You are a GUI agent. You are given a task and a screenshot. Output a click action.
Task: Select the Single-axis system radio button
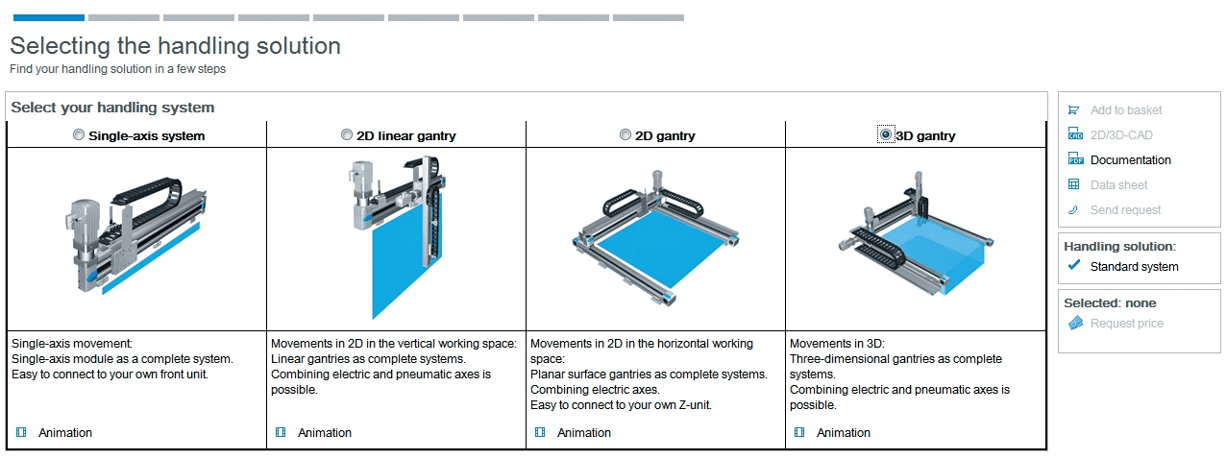pyautogui.click(x=79, y=134)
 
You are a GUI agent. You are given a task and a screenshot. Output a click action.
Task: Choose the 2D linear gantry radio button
pyautogui.click(x=347, y=134)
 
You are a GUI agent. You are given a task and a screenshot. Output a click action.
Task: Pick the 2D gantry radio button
pyautogui.click(x=625, y=134)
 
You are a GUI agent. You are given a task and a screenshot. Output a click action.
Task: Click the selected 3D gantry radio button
pyautogui.click(x=885, y=134)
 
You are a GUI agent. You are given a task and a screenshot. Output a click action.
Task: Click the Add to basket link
pyautogui.click(x=1125, y=110)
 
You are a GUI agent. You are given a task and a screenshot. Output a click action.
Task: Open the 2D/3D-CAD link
pyautogui.click(x=1121, y=135)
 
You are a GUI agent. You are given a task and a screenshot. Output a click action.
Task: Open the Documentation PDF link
pyautogui.click(x=1130, y=160)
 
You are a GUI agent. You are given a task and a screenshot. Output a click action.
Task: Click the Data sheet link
pyautogui.click(x=1118, y=185)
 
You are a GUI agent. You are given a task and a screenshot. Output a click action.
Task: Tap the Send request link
pyautogui.click(x=1125, y=210)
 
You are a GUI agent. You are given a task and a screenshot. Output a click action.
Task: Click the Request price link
pyautogui.click(x=1126, y=324)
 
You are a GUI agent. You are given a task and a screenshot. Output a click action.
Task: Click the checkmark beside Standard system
pyautogui.click(x=1074, y=265)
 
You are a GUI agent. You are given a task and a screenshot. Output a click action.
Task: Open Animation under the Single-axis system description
pyautogui.click(x=65, y=433)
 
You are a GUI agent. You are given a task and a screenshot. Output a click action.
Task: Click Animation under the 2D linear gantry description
pyautogui.click(x=325, y=433)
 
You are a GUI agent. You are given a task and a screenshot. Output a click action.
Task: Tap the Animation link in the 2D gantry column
pyautogui.click(x=584, y=433)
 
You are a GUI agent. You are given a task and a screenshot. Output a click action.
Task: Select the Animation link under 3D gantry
pyautogui.click(x=844, y=433)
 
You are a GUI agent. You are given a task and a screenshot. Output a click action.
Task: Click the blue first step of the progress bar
pyautogui.click(x=49, y=18)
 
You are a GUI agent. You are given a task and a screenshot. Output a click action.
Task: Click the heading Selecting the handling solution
pyautogui.click(x=175, y=46)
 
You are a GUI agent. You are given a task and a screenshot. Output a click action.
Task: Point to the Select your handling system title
pyautogui.click(x=112, y=108)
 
